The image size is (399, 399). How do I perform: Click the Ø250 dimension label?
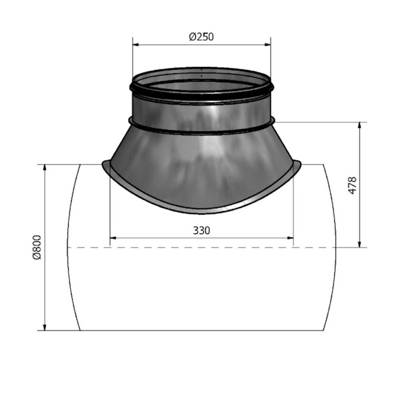(201, 37)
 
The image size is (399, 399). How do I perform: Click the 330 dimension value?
(201, 231)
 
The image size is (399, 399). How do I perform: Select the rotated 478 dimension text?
(352, 185)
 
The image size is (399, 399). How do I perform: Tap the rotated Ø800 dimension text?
(38, 247)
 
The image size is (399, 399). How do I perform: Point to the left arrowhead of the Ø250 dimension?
(135, 45)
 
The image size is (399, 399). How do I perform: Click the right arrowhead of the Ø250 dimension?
(268, 45)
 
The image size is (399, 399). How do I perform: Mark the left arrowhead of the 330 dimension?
(113, 238)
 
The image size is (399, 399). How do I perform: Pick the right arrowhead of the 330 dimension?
(290, 238)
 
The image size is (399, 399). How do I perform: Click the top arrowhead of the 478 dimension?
(360, 125)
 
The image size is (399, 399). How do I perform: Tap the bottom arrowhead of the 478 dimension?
(360, 245)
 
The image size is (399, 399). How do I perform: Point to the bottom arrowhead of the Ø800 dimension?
(45, 327)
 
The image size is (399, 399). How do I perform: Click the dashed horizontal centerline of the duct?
(190, 247)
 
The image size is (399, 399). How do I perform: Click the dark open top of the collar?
(201, 81)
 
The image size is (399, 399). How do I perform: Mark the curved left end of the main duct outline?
(69, 247)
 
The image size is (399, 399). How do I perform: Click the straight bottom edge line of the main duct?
(201, 330)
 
